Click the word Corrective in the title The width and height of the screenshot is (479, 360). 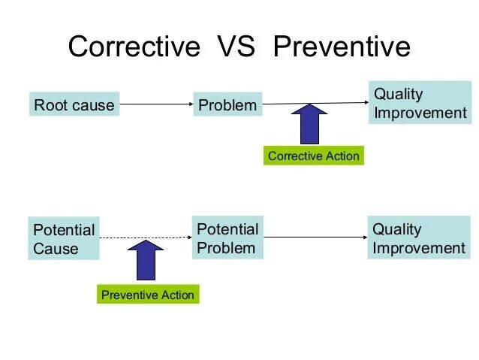coord(134,47)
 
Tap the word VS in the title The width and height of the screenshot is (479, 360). coord(237,47)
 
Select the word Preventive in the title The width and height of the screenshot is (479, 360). coord(342,47)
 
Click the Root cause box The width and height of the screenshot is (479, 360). coord(74,105)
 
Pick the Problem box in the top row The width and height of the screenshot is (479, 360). coord(227,105)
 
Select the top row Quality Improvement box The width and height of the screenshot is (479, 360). coord(420,104)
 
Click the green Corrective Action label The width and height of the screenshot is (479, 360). coord(313,156)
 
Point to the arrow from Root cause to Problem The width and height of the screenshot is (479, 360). coord(156,104)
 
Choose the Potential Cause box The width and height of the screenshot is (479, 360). coord(64,239)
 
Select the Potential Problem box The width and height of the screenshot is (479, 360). coord(227,238)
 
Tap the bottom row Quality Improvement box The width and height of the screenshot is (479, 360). coord(419,238)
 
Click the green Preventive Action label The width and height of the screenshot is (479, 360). coord(148,295)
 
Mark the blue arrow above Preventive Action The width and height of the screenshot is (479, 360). coord(145,260)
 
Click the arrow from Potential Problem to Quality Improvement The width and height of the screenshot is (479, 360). coord(315,237)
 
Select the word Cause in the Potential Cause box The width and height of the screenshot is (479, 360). coord(56,249)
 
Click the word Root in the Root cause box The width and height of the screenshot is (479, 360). coord(50,105)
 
